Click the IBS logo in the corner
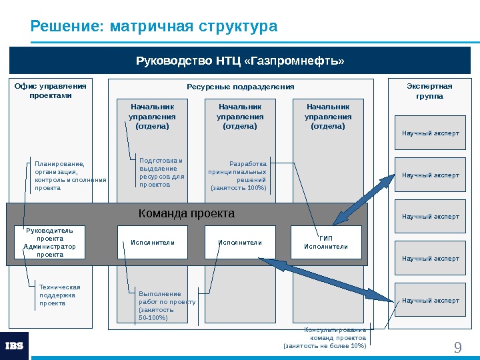click(x=14, y=346)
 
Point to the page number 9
click(x=457, y=347)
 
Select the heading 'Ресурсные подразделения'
click(x=240, y=87)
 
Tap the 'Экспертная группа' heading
click(x=429, y=91)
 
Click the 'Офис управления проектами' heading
click(x=51, y=91)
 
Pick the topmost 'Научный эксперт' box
click(x=430, y=133)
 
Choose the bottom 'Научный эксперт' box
click(x=430, y=301)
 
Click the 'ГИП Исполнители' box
click(x=326, y=242)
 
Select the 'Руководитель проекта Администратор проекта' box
click(x=50, y=242)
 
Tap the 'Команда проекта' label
click(x=187, y=214)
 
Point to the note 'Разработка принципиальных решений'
click(x=238, y=176)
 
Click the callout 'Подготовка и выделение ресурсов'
click(x=161, y=172)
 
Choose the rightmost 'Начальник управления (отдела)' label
click(x=328, y=116)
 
